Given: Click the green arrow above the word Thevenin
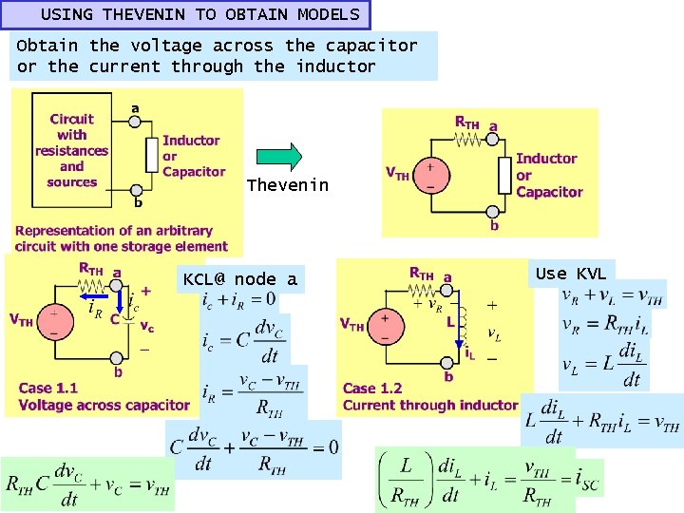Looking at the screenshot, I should click(x=281, y=156).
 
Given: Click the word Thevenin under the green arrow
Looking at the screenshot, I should click(x=287, y=185).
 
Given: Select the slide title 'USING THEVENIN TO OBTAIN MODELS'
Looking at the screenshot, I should click(x=200, y=14).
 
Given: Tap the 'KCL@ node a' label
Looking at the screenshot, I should click(x=240, y=279).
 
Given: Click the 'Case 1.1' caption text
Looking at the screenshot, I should click(x=47, y=388).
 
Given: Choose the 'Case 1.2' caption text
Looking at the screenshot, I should click(x=372, y=388).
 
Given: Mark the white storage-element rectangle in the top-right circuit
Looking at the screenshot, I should click(x=503, y=174).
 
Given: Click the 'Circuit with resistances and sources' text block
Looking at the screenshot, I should click(x=72, y=150).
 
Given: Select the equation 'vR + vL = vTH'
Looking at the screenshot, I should click(x=612, y=295).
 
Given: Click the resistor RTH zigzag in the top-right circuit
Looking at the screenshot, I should click(x=465, y=139).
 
